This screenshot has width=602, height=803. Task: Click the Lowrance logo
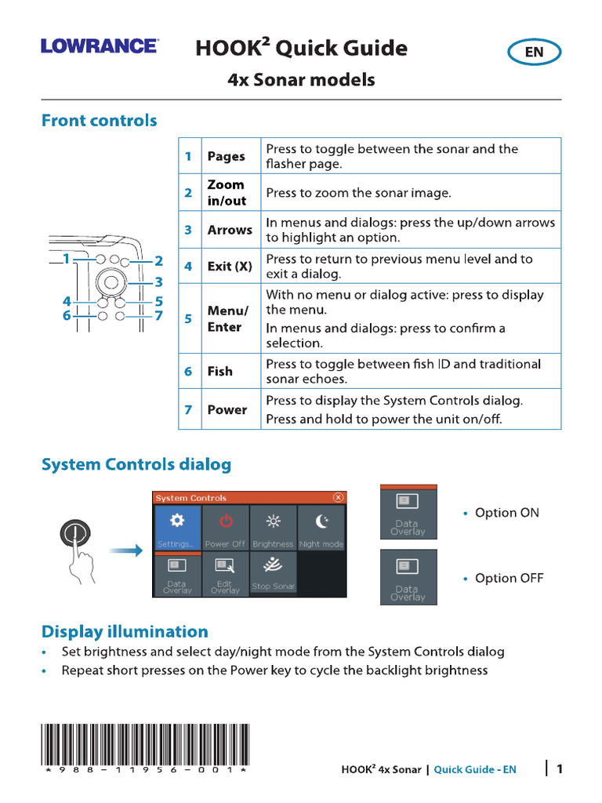pyautogui.click(x=99, y=46)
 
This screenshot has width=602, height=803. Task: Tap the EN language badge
pyautogui.click(x=534, y=53)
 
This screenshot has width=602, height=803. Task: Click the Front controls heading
pyautogui.click(x=99, y=121)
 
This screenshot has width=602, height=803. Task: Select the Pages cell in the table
pyautogui.click(x=226, y=156)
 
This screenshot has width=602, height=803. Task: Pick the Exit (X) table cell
pyautogui.click(x=229, y=267)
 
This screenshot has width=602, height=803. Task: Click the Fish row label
pyautogui.click(x=219, y=372)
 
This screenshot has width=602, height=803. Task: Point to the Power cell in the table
pyautogui.click(x=227, y=409)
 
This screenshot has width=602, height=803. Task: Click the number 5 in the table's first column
pyautogui.click(x=188, y=318)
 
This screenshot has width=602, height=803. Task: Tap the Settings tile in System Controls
pyautogui.click(x=177, y=527)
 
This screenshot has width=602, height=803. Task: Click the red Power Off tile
pyautogui.click(x=225, y=527)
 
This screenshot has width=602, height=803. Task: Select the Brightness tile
pyautogui.click(x=273, y=527)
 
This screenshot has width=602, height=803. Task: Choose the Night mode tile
pyautogui.click(x=321, y=527)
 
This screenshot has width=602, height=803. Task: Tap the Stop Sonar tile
pyautogui.click(x=273, y=574)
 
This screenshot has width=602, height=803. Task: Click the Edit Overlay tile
pyautogui.click(x=225, y=574)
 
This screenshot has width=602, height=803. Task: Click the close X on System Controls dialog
pyautogui.click(x=338, y=497)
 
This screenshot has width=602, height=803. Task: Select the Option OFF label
pyautogui.click(x=509, y=579)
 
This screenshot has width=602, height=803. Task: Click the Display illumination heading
pyautogui.click(x=125, y=632)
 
